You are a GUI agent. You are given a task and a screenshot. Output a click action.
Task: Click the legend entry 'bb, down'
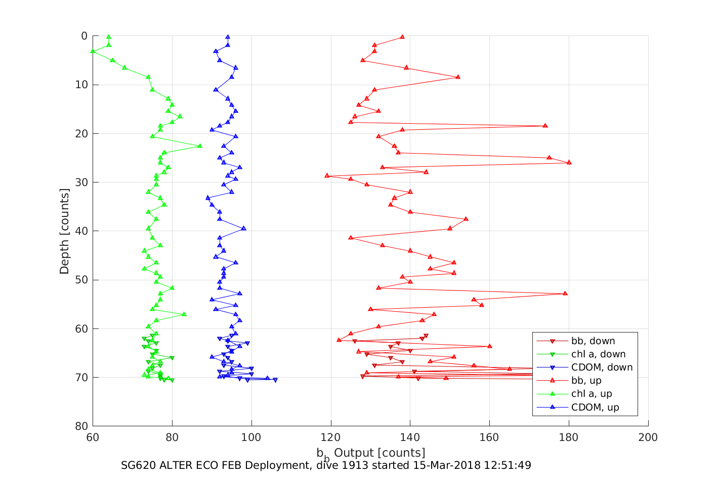pyautogui.click(x=593, y=341)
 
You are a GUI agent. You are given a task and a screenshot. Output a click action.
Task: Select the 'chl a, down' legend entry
pyautogui.click(x=598, y=354)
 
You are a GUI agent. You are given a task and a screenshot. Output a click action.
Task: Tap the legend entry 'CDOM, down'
pyautogui.click(x=602, y=367)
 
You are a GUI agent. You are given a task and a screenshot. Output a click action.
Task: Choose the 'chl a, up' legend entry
pyautogui.click(x=592, y=394)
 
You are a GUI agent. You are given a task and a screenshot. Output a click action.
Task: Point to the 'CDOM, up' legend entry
pyautogui.click(x=595, y=407)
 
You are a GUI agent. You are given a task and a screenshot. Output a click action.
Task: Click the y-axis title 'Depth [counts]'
pyautogui.click(x=64, y=231)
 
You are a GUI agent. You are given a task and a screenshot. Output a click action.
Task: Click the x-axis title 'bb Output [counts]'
pyautogui.click(x=371, y=453)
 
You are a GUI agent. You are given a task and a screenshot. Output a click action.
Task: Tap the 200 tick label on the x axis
pyautogui.click(x=648, y=437)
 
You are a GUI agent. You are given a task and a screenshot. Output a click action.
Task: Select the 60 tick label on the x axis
pyautogui.click(x=93, y=437)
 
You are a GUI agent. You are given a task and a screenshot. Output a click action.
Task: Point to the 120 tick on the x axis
pyautogui.click(x=331, y=437)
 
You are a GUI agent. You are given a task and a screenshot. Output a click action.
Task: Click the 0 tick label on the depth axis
pyautogui.click(x=84, y=36)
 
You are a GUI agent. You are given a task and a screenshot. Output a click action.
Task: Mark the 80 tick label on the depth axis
pyautogui.click(x=81, y=426)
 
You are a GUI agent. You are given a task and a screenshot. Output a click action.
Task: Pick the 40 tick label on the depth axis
pyautogui.click(x=81, y=231)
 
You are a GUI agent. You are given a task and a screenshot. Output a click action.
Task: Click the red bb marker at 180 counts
pyautogui.click(x=569, y=162)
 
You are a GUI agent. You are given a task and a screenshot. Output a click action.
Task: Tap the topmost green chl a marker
pyautogui.click(x=109, y=37)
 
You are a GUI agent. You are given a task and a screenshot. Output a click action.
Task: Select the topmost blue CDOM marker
pyautogui.click(x=228, y=37)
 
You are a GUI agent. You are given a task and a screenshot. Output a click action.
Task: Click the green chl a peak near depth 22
pyautogui.click(x=200, y=145)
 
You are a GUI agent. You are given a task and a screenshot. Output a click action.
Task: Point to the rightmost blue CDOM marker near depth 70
pyautogui.click(x=275, y=380)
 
